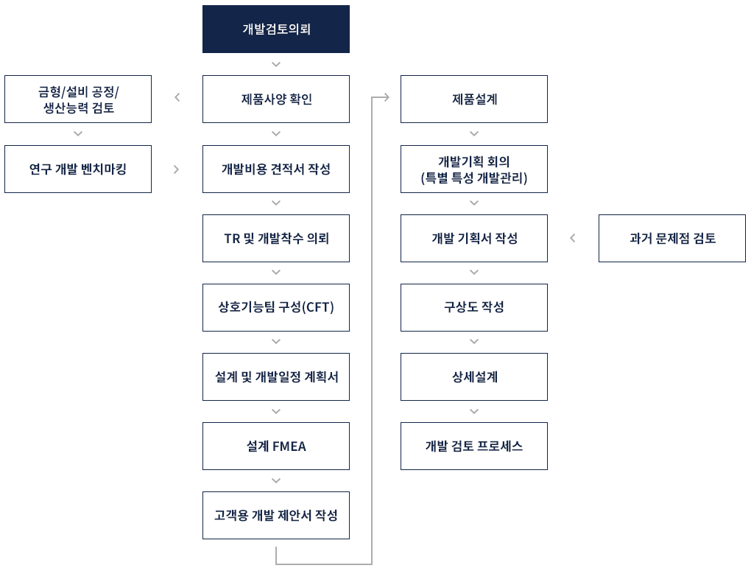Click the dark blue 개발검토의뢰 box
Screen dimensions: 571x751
point(275,29)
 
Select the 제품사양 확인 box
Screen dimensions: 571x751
point(275,99)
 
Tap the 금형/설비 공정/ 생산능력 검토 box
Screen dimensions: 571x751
point(78,99)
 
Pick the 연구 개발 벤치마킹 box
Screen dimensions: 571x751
point(78,169)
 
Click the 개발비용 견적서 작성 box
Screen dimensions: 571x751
point(275,169)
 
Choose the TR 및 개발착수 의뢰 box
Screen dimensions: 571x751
point(275,239)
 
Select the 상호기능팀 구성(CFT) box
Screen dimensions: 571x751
point(275,307)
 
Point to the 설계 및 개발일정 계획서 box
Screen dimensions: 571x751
point(275,376)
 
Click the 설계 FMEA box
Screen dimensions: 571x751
point(275,446)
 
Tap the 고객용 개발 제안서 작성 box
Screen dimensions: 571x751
point(275,515)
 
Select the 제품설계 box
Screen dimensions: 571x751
point(474,99)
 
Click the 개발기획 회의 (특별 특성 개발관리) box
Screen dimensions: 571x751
point(474,169)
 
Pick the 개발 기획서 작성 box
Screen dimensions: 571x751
point(474,239)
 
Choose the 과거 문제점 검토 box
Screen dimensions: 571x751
point(672,239)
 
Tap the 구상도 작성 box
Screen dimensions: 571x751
point(474,307)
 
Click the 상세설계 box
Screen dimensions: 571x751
point(474,376)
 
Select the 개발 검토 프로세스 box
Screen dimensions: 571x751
point(474,446)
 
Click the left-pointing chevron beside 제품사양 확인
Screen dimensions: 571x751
point(177,97)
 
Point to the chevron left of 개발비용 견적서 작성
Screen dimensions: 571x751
point(177,169)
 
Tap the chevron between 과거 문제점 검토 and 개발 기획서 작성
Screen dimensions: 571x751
point(573,238)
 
